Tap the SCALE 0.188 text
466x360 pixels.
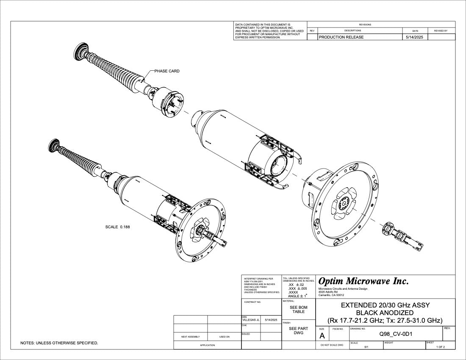click(x=117, y=227)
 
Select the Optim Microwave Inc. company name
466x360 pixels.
click(x=363, y=281)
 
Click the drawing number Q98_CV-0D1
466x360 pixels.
click(x=396, y=334)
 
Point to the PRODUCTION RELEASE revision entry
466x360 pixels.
click(x=341, y=37)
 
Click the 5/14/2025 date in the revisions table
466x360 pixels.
click(x=415, y=37)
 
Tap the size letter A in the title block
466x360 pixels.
click(x=322, y=336)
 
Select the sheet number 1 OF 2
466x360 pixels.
click(x=441, y=347)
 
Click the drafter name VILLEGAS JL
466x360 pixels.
click(x=250, y=320)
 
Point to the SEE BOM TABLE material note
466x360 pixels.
click(x=298, y=310)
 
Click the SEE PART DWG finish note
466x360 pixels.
click(x=298, y=331)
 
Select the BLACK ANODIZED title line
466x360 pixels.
click(x=385, y=313)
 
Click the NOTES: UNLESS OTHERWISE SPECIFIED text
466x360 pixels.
click(x=59, y=343)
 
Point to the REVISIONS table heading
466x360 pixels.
click(x=365, y=25)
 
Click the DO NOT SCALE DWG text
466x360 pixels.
click(x=332, y=345)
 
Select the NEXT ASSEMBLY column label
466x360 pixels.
click(x=191, y=337)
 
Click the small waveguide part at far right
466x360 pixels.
click(x=402, y=236)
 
